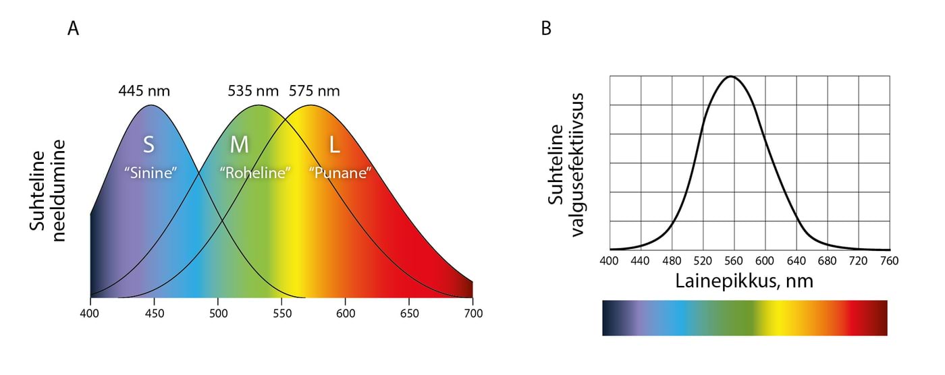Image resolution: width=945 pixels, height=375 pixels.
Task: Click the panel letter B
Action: pos(546,28)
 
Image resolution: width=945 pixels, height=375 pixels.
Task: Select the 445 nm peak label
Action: pos(144,90)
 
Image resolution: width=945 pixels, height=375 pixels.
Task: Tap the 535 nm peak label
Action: pos(254,90)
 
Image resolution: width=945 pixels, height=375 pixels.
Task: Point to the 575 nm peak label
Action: pos(314,90)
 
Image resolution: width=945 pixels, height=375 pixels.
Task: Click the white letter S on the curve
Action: pos(149,144)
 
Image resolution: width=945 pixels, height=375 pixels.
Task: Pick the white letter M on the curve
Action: pos(240,144)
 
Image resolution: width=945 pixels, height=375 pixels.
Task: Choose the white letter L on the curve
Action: pos(334,144)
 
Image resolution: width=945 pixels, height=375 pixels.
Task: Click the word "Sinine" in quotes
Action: pos(150,172)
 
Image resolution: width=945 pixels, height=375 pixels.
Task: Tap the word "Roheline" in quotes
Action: pos(255,172)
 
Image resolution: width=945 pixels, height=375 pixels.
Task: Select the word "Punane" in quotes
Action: pos(340,172)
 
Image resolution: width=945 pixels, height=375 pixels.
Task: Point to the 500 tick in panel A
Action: pos(218,314)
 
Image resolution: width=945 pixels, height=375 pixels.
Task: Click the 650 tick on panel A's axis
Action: pos(410,314)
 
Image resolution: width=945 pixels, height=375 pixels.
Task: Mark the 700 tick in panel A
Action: pos(473,314)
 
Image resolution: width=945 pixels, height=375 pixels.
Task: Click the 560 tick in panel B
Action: pos(734,261)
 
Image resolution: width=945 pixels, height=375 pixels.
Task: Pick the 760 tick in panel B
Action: pos(890,261)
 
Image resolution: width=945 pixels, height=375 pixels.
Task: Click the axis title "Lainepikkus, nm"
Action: pos(744,281)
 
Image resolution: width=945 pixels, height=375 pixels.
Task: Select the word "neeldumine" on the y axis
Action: pos(58,191)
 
